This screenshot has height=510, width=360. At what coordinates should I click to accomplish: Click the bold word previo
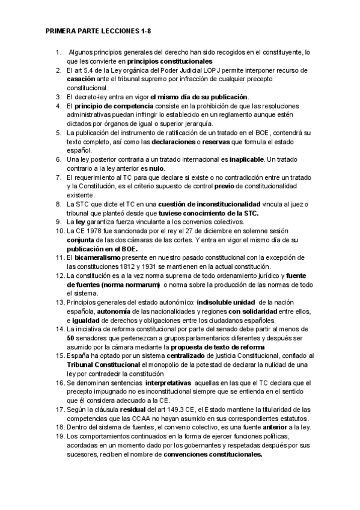tap(246, 186)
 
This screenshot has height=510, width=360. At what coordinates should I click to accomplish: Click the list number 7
tap(59, 177)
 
